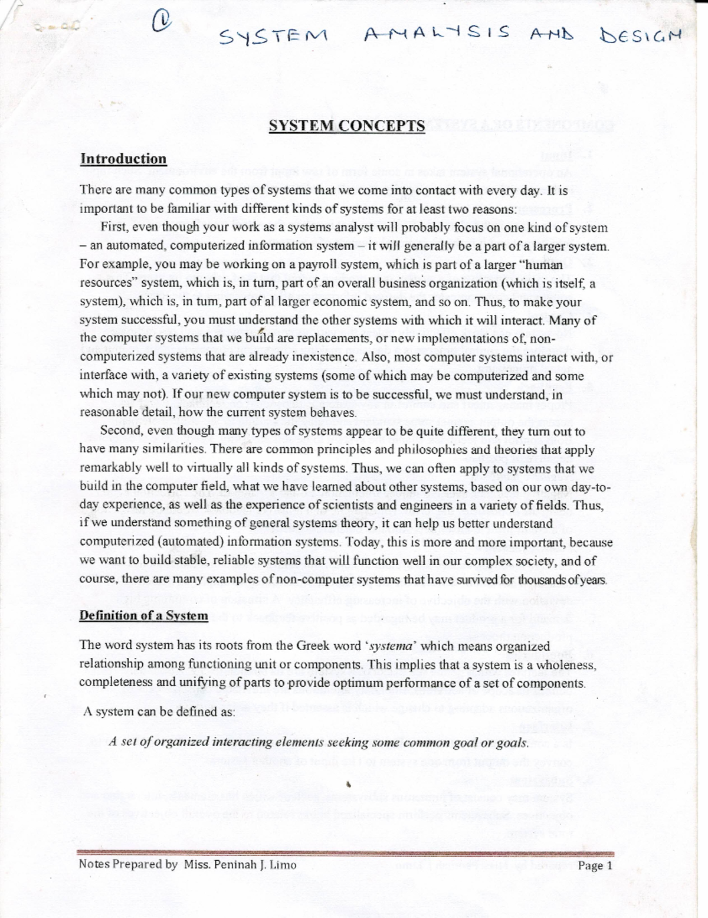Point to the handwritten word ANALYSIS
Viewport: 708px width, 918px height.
tap(436, 34)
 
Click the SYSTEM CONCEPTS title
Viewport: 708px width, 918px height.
tap(346, 126)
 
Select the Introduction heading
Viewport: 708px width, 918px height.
tap(123, 159)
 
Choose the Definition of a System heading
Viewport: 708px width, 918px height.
tap(143, 615)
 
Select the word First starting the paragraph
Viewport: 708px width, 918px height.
tap(114, 227)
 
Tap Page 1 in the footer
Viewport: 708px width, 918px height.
tap(595, 865)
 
